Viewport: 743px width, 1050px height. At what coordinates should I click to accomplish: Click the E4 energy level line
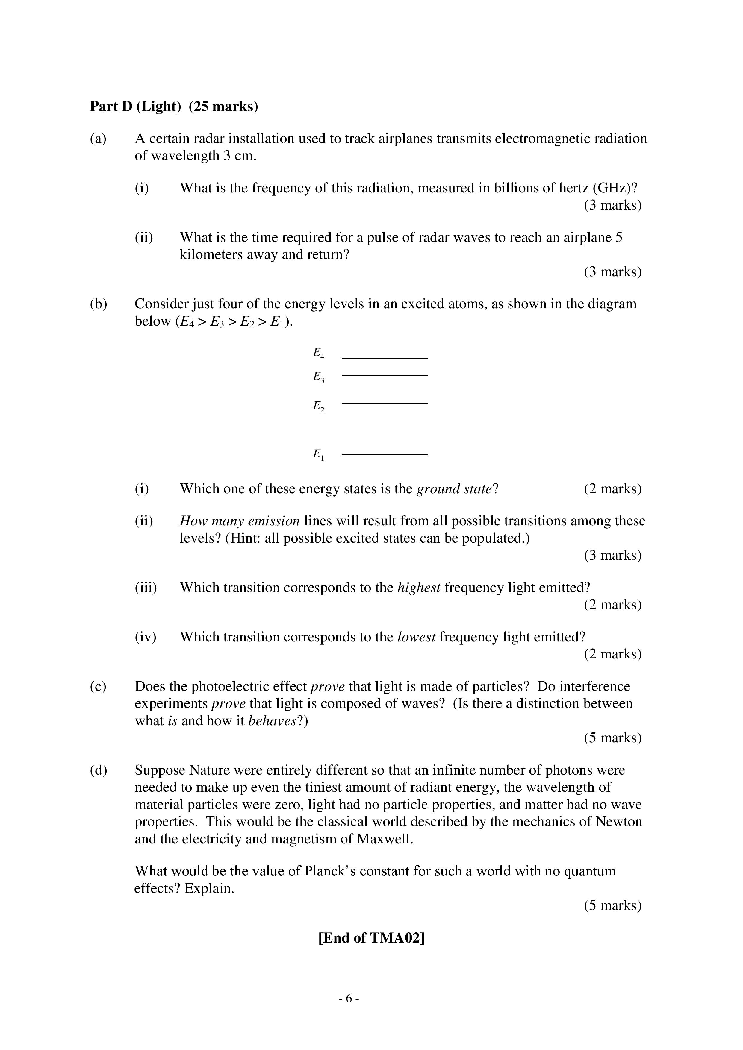tap(384, 358)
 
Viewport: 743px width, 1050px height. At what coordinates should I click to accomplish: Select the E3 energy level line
tap(384, 375)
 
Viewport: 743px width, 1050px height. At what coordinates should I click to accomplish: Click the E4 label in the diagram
tap(318, 353)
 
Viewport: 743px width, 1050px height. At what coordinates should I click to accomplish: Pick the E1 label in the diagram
tap(318, 455)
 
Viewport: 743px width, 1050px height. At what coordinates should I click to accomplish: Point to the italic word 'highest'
tap(419, 588)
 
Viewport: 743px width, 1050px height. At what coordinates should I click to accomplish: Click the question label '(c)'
tap(98, 686)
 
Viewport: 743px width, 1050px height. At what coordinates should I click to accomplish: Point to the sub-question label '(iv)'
tap(146, 637)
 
